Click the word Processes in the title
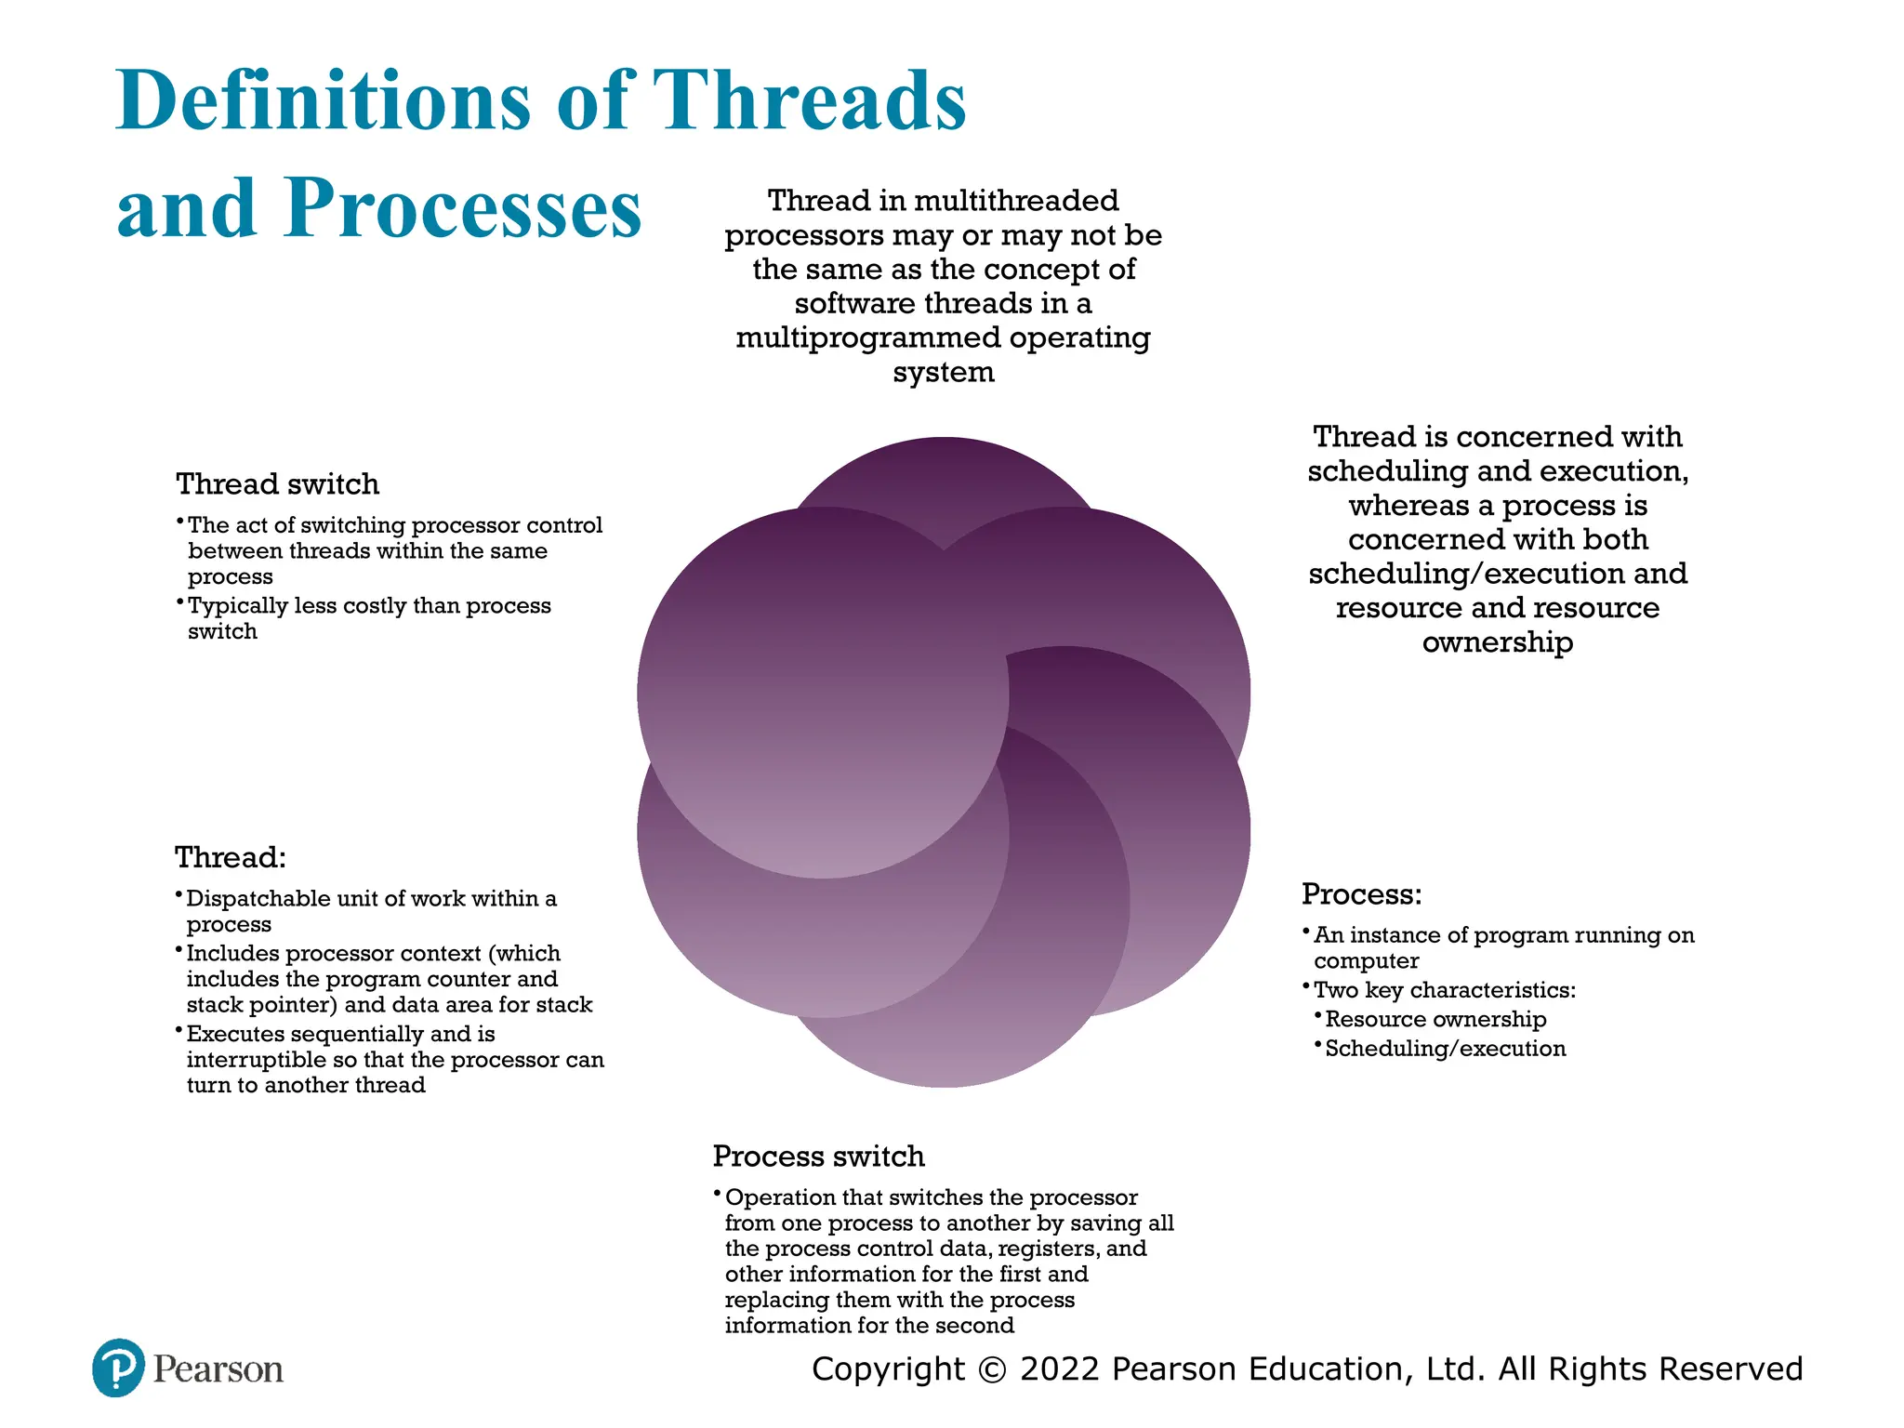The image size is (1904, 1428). tap(463, 208)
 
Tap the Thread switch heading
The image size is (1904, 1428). tap(277, 484)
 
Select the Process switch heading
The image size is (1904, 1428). tap(818, 1157)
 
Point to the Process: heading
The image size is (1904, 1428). tap(1361, 894)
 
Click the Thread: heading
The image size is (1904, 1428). tap(231, 857)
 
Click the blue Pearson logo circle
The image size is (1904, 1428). tap(118, 1368)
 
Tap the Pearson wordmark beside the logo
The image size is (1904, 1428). tap(218, 1369)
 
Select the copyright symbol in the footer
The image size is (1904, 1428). tap(993, 1369)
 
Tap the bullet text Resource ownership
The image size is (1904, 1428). tap(1435, 1020)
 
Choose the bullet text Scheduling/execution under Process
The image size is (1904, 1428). tap(1445, 1049)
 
